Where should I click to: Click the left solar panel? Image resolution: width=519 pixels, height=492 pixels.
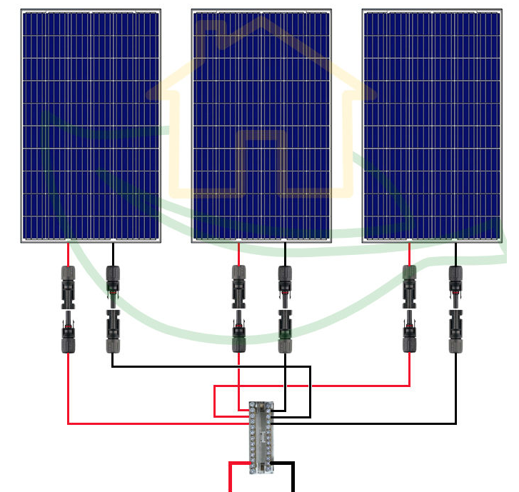click(91, 126)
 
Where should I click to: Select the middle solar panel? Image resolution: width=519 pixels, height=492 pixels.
click(261, 126)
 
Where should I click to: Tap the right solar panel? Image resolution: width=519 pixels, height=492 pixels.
click(432, 126)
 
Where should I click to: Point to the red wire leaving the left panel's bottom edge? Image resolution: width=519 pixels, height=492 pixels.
click(69, 254)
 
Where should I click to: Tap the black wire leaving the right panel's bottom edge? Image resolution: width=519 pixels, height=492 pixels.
click(455, 254)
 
